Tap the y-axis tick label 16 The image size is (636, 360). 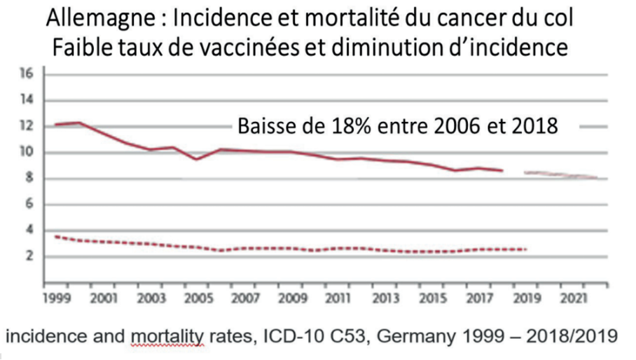27,74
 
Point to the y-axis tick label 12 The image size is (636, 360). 27,127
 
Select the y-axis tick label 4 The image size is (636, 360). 30,230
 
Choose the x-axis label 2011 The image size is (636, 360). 338,296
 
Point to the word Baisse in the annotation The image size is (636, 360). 269,126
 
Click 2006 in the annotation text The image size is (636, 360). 447,126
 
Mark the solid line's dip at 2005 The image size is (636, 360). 198,159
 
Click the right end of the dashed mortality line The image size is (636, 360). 525,249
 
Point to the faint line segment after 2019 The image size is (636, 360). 560,174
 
